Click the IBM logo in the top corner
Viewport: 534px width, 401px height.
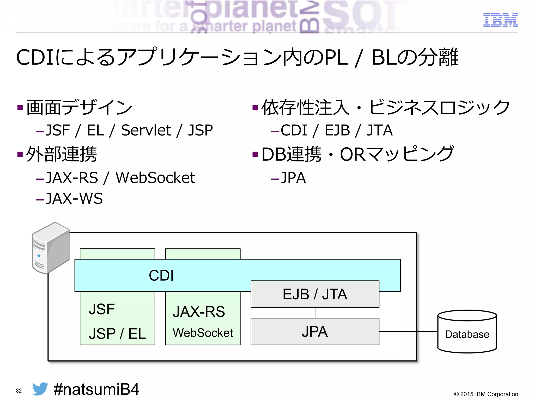pyautogui.click(x=500, y=20)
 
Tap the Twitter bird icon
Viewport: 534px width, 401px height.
pyautogui.click(x=40, y=389)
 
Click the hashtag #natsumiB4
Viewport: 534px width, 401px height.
pyautogui.click(x=96, y=389)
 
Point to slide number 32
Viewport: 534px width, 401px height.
pyautogui.click(x=19, y=391)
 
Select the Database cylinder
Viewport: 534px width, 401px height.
pyautogui.click(x=467, y=332)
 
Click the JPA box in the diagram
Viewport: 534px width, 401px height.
pyautogui.click(x=315, y=332)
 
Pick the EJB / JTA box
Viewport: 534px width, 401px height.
pyautogui.click(x=315, y=294)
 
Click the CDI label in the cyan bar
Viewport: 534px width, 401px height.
pyautogui.click(x=161, y=275)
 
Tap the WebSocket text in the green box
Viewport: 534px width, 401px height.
pyautogui.click(x=203, y=333)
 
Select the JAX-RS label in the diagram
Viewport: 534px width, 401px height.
pyautogui.click(x=199, y=311)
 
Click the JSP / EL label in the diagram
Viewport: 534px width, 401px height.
pyautogui.click(x=117, y=334)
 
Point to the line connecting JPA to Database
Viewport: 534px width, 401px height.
pyautogui.click(x=408, y=332)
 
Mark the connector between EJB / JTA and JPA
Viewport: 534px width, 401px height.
pyautogui.click(x=315, y=313)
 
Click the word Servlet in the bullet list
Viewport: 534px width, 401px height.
pyautogui.click(x=146, y=130)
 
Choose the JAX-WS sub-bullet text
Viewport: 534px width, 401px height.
pyautogui.click(x=74, y=199)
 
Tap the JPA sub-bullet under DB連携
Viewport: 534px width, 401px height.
pyautogui.click(x=293, y=178)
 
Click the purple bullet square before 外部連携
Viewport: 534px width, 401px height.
pyautogui.click(x=20, y=154)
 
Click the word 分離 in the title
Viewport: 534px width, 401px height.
pyautogui.click(x=438, y=57)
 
